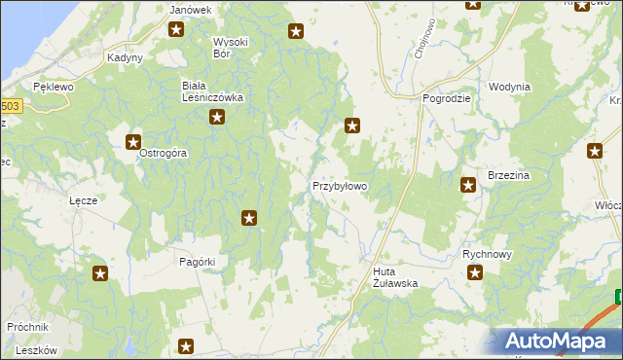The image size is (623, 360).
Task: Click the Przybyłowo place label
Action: [x=340, y=185]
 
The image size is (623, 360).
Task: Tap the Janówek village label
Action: [x=190, y=10]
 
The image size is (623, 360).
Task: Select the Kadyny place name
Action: [x=126, y=57]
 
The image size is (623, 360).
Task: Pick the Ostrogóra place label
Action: [x=163, y=153]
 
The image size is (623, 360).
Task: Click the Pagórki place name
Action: [x=198, y=262]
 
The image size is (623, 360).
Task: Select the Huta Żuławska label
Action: [x=395, y=277]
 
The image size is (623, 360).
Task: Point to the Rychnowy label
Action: [x=487, y=253]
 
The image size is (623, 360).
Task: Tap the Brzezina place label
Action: [x=507, y=175]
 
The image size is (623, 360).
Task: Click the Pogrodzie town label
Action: [x=447, y=98]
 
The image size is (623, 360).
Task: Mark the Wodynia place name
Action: [x=510, y=87]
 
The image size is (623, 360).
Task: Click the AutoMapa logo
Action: [x=560, y=341]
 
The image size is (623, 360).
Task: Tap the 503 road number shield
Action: [x=9, y=106]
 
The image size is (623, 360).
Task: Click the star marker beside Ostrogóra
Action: [x=133, y=142]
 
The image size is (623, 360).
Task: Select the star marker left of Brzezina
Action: [x=468, y=184]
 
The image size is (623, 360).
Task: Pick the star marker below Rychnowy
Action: [x=475, y=273]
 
